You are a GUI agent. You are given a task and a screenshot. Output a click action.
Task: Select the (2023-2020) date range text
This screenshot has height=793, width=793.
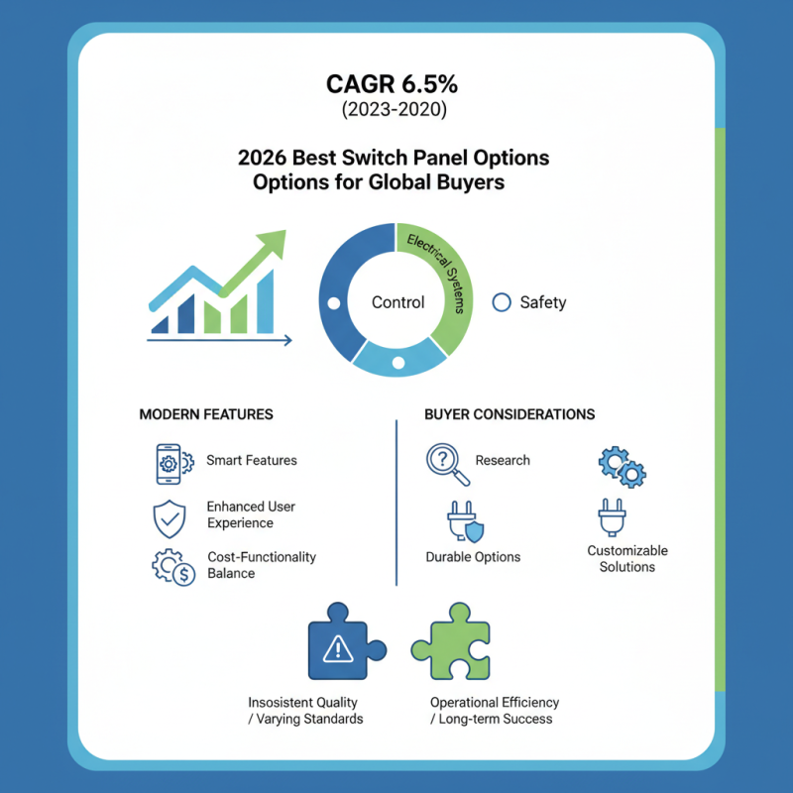tap(396, 109)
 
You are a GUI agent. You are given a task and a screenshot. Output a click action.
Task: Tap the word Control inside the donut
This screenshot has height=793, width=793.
tap(397, 302)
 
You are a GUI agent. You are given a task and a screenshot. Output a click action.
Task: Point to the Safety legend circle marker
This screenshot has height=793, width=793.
tap(502, 302)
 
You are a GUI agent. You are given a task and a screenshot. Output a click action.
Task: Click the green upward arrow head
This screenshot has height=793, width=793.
tap(272, 243)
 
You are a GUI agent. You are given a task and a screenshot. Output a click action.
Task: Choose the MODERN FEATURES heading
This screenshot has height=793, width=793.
tap(206, 413)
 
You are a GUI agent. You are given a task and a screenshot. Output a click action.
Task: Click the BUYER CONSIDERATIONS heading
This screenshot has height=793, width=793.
tap(510, 413)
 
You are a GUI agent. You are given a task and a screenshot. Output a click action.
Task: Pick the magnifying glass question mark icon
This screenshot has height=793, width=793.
tap(443, 462)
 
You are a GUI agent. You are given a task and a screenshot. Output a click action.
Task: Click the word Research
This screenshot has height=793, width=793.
tap(503, 460)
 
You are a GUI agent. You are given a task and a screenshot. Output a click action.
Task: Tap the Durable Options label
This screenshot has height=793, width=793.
tap(473, 556)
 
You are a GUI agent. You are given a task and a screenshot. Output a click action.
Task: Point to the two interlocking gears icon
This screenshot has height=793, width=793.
tap(623, 465)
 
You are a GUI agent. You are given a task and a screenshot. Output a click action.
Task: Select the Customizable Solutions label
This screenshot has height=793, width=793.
tap(627, 558)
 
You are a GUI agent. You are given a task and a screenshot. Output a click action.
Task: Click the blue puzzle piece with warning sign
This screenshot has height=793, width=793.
tap(341, 648)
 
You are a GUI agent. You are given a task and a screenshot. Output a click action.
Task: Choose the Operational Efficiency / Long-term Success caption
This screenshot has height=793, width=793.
tap(495, 710)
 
